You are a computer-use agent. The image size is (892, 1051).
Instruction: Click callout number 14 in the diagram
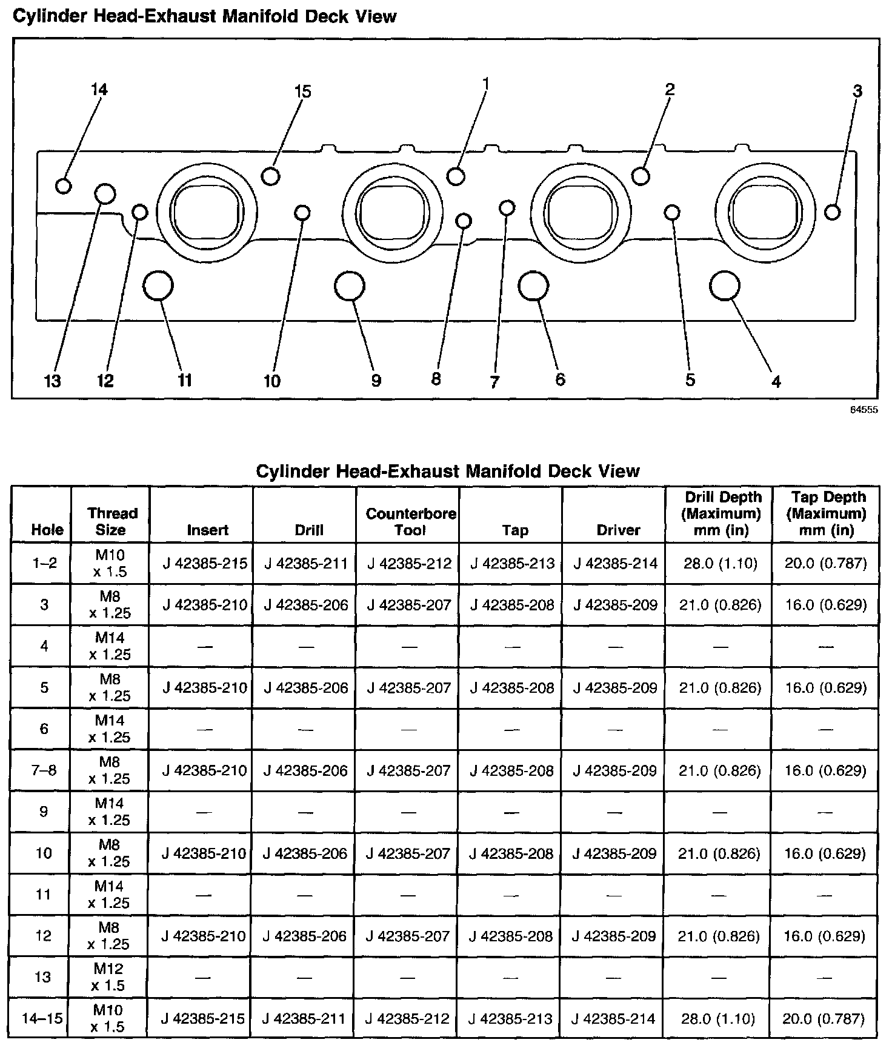[x=99, y=90]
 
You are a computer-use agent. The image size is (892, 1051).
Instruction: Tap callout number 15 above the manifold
[x=302, y=92]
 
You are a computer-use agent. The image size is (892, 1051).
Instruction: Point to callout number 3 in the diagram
[x=857, y=92]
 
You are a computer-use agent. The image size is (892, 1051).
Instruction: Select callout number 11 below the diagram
[x=185, y=380]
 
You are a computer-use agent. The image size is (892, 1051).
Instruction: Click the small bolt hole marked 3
[x=833, y=212]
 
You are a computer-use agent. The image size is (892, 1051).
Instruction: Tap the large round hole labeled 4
[x=724, y=285]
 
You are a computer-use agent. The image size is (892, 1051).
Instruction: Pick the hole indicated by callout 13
[x=105, y=194]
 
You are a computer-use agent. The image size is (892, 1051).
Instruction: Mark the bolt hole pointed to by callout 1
[x=456, y=176]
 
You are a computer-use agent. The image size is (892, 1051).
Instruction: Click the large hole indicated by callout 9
[x=350, y=286]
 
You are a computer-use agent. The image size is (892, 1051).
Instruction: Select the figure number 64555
[x=864, y=410]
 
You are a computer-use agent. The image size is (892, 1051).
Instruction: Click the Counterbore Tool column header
[x=411, y=522]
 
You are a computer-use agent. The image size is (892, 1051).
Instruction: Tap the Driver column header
[x=618, y=530]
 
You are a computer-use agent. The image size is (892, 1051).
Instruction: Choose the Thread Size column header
[x=112, y=522]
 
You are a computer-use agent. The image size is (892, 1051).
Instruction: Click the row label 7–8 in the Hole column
[x=44, y=770]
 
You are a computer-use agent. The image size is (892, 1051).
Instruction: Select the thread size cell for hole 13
[x=110, y=977]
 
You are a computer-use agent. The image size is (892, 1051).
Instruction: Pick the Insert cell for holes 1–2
[x=205, y=564]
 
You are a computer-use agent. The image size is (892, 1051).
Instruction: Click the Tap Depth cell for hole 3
[x=826, y=605]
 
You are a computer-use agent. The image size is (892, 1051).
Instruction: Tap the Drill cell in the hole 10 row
[x=305, y=853]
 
